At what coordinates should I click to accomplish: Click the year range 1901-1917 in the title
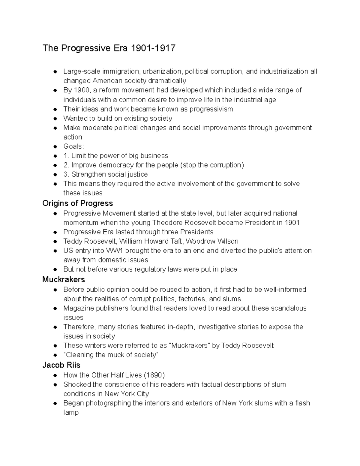[x=152, y=48]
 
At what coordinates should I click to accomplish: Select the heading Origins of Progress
[x=77, y=203]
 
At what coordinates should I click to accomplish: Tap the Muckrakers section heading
[x=64, y=279]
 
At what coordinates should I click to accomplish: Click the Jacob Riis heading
[x=61, y=365]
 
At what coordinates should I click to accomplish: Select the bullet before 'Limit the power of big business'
[x=55, y=156]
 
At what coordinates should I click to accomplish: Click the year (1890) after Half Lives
[x=154, y=375]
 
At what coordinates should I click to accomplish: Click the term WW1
[x=130, y=251]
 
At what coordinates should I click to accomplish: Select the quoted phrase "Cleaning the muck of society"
[x=111, y=355]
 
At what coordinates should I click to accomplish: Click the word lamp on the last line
[x=71, y=412]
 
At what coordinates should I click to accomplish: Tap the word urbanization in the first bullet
[x=162, y=71]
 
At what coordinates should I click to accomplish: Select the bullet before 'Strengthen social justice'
[x=55, y=175]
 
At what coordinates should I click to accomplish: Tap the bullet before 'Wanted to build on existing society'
[x=55, y=119]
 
